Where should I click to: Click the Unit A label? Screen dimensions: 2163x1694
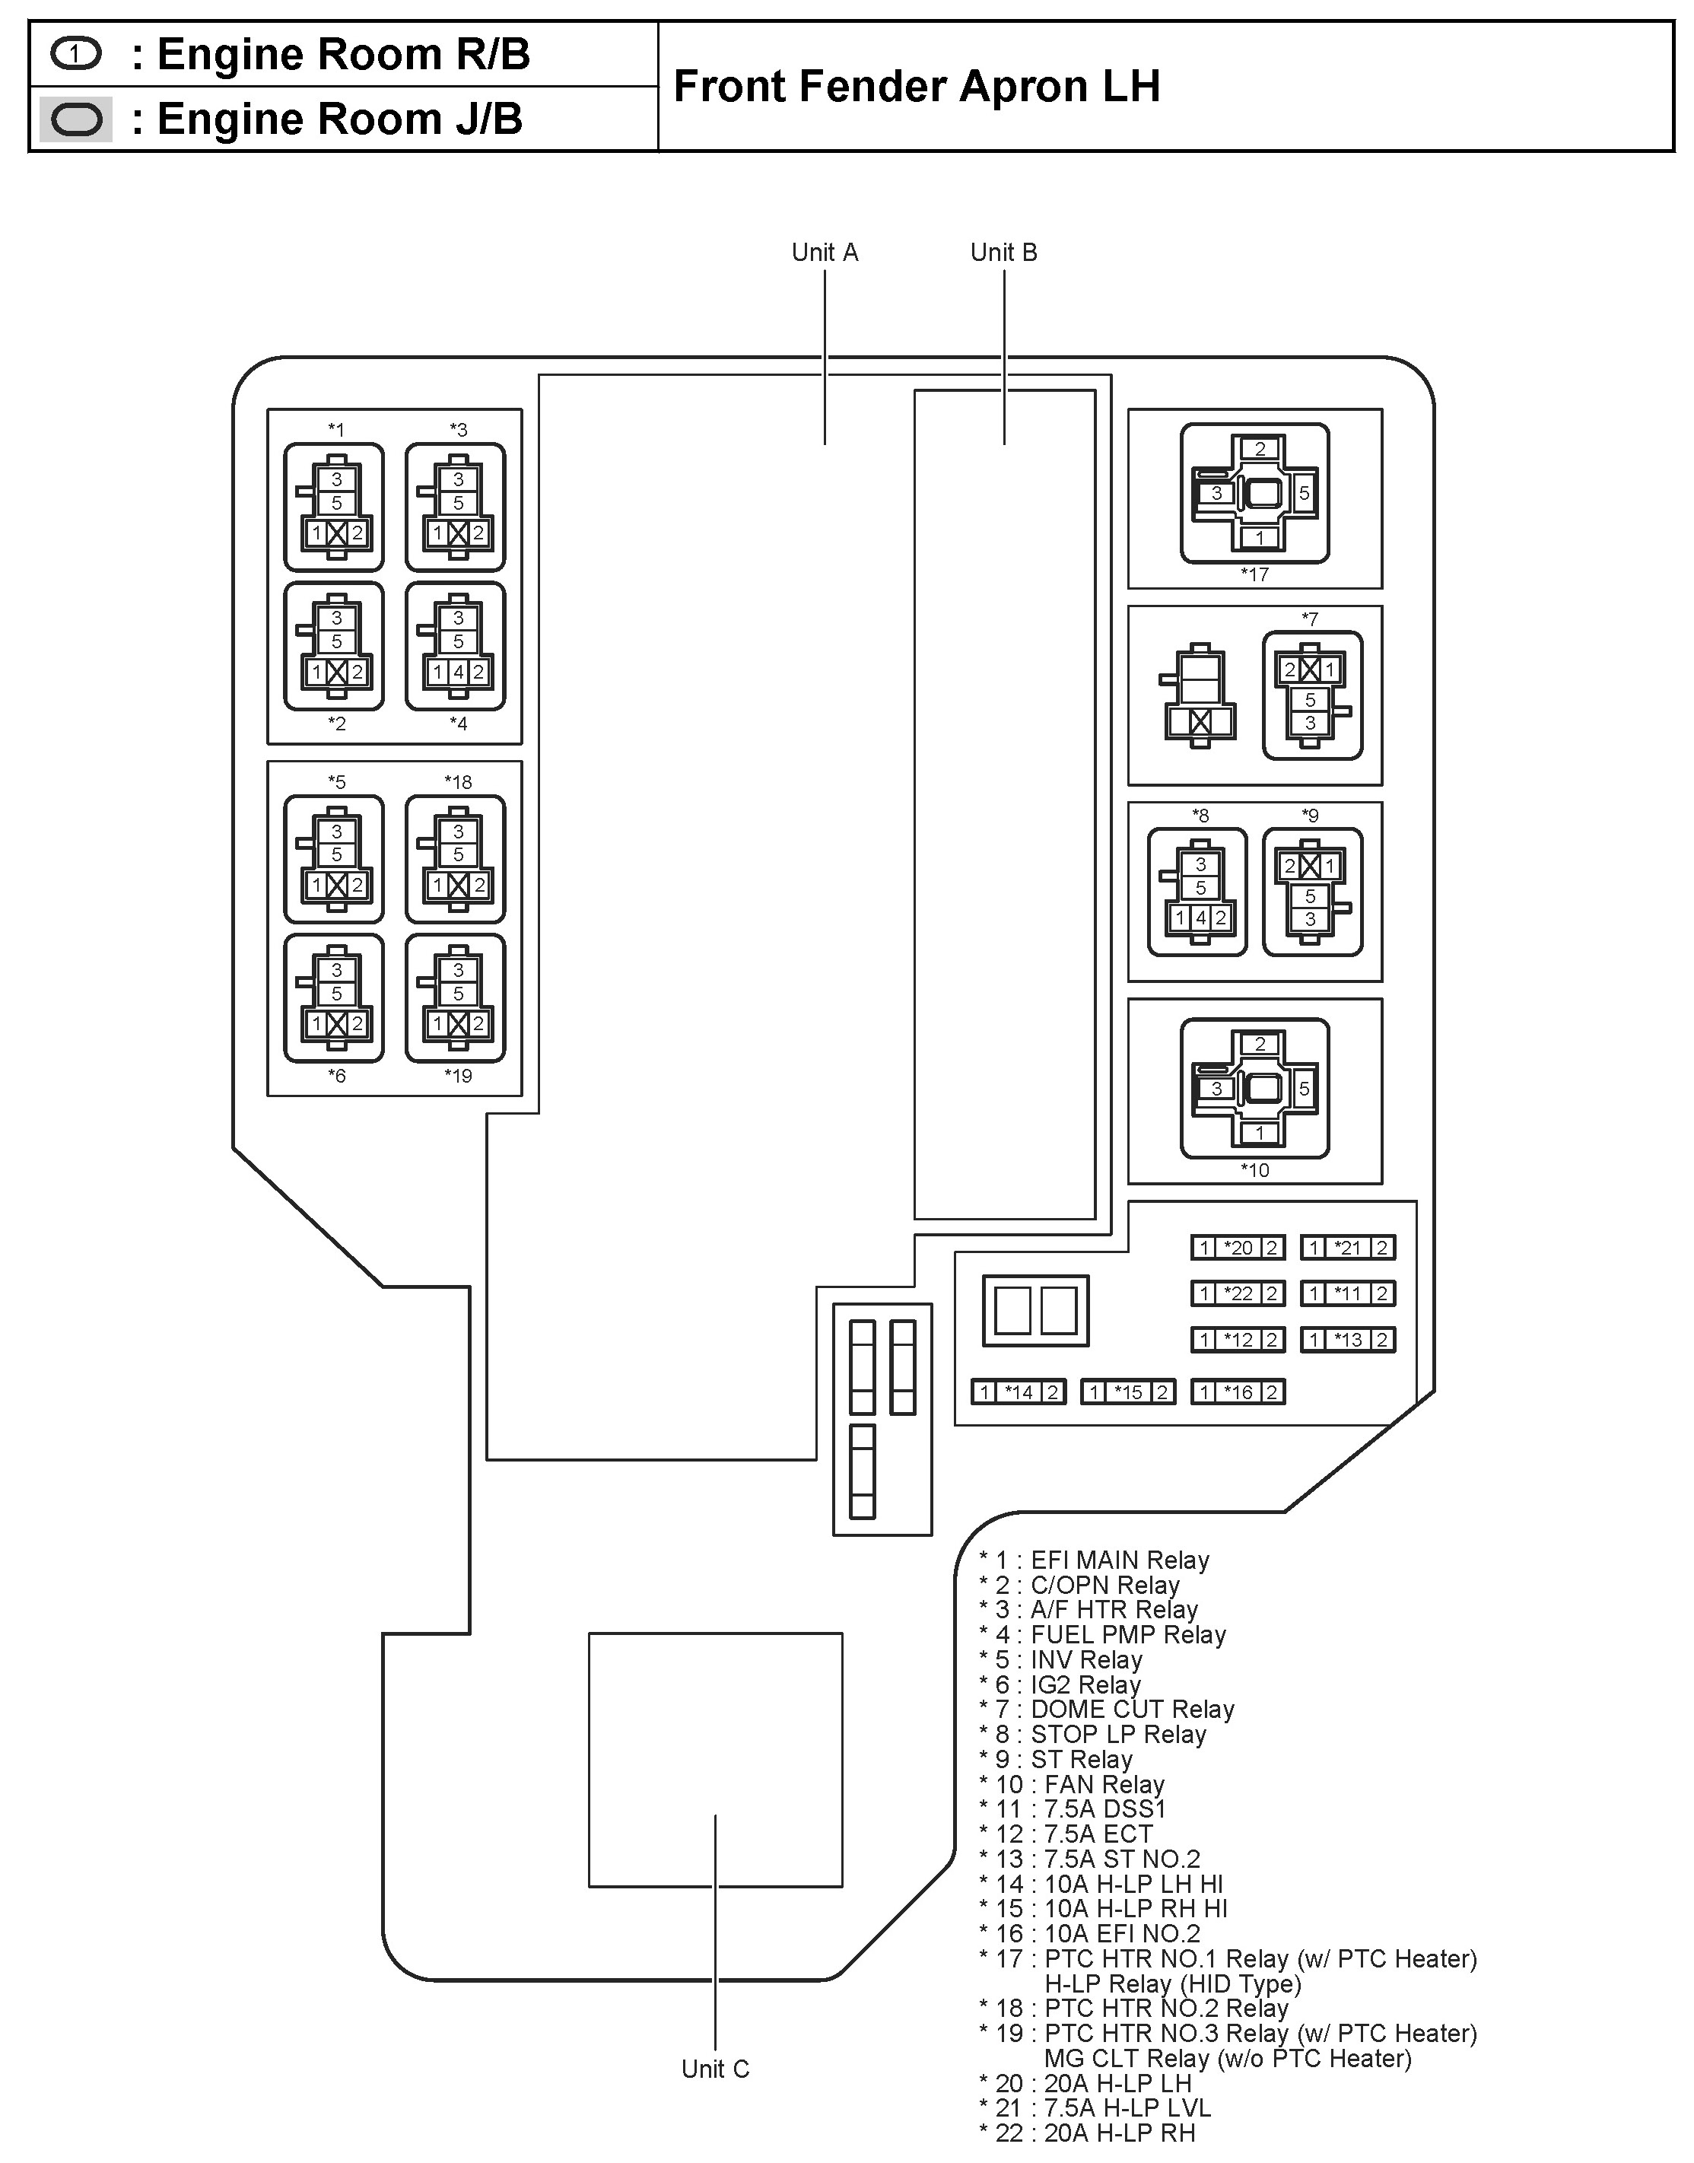click(x=825, y=253)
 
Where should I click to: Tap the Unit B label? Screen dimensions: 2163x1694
click(x=1004, y=253)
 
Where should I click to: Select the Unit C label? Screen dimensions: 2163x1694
click(x=715, y=2069)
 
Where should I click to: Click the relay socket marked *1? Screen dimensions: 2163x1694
click(x=334, y=507)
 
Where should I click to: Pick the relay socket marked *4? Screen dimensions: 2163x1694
click(x=455, y=646)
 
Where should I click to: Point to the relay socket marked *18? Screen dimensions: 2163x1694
click(x=455, y=859)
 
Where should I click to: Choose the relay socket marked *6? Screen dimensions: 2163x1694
click(x=334, y=997)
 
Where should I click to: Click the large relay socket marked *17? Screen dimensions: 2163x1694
click(x=1254, y=493)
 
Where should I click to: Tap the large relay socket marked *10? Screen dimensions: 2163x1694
click(x=1254, y=1088)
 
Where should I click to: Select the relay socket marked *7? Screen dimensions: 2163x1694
click(x=1312, y=695)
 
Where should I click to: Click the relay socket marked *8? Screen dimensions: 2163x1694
click(x=1197, y=892)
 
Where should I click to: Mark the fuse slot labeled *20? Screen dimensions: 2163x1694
click(x=1238, y=1248)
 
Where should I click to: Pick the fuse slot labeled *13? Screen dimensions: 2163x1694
click(x=1348, y=1340)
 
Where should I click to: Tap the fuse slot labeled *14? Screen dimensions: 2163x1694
click(x=1019, y=1392)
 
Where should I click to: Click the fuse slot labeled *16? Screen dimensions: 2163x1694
click(x=1238, y=1392)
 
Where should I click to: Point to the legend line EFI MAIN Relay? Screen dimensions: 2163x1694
click(x=1094, y=1560)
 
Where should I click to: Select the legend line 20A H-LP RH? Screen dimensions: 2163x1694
click(x=1087, y=2133)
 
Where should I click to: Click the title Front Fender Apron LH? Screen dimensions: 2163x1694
click(x=917, y=86)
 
